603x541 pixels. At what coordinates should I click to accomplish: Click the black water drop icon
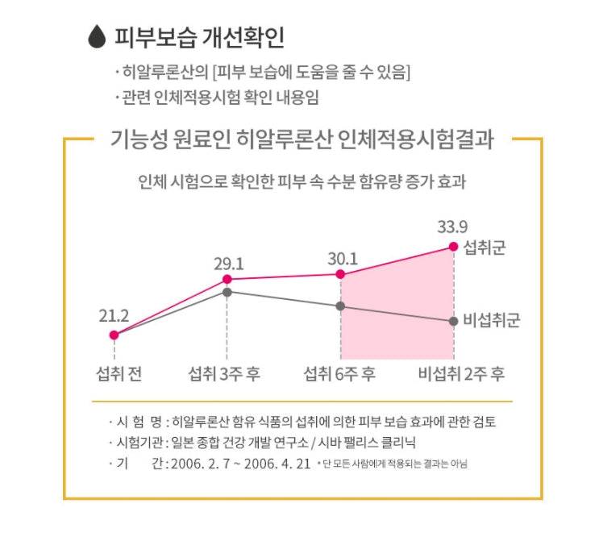coord(97,37)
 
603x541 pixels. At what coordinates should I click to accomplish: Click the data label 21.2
coord(114,315)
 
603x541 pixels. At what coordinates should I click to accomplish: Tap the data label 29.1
coord(228,263)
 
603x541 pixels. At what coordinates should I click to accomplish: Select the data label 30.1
coord(341,258)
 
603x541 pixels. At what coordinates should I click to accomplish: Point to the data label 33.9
coord(452,226)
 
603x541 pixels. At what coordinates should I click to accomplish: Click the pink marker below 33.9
coord(453,248)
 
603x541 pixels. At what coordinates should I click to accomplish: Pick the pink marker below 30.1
coord(341,275)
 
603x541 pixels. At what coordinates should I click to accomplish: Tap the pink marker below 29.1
coord(227,280)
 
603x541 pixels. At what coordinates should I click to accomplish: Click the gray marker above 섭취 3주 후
coord(227,292)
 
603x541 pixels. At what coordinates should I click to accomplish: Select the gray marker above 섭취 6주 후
coord(341,306)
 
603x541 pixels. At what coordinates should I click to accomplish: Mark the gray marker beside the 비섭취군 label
coord(453,321)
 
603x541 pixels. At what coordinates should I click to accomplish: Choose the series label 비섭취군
coord(492,321)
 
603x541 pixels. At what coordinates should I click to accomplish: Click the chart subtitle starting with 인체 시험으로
coord(302,182)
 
